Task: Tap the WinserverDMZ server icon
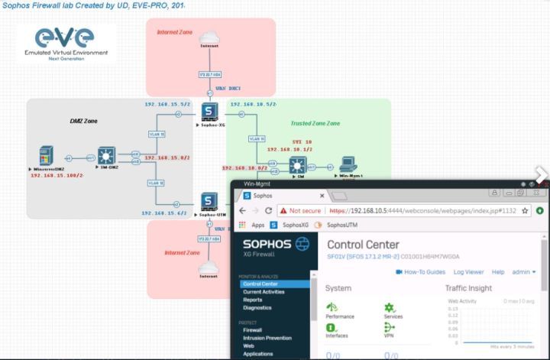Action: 46,156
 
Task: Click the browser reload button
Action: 273,210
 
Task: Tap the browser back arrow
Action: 244,210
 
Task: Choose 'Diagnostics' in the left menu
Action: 257,308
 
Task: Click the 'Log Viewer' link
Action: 468,271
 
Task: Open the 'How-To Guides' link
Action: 423,271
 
